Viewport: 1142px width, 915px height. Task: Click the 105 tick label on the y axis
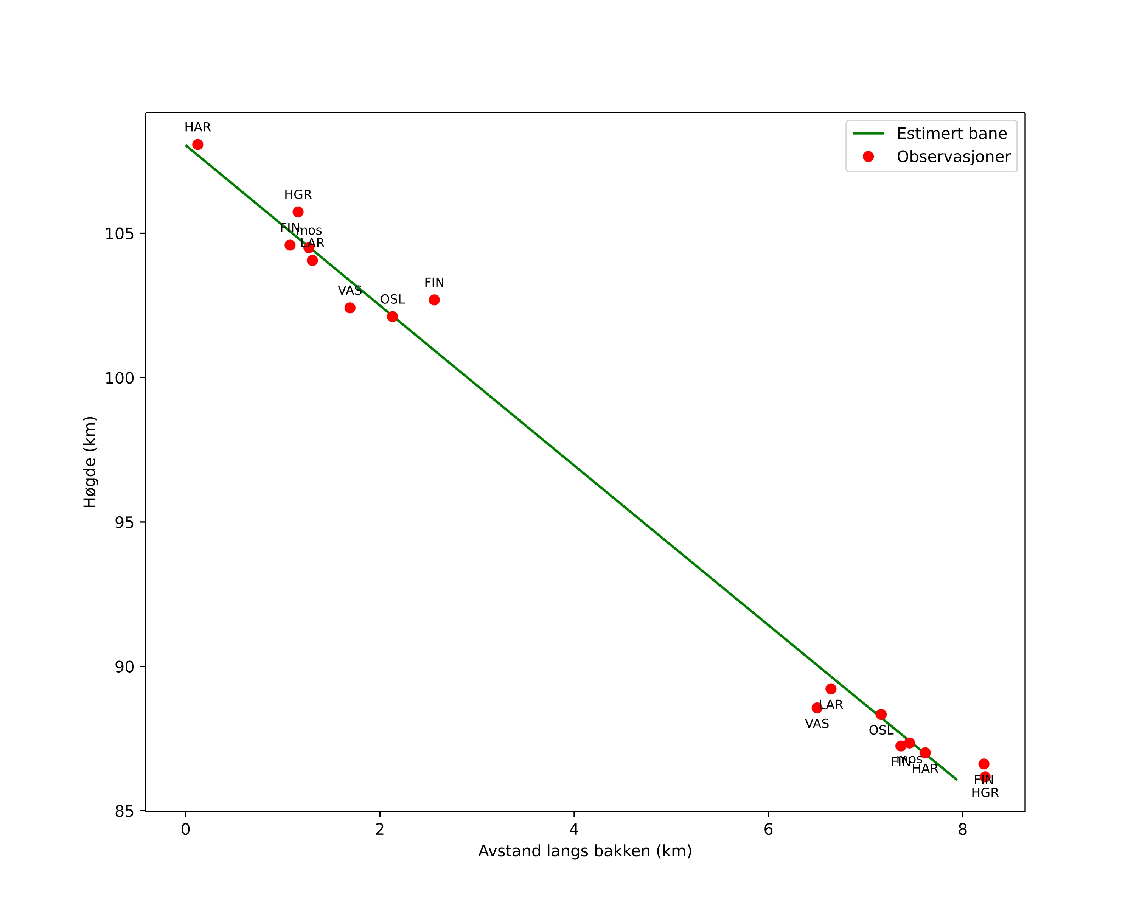click(119, 233)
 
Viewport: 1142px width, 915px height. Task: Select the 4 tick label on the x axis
click(574, 829)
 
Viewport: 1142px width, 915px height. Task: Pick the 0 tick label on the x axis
click(185, 829)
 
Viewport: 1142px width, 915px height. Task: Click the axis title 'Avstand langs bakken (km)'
click(585, 851)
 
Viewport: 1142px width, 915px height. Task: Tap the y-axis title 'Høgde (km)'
click(90, 462)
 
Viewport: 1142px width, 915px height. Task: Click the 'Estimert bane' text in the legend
click(951, 134)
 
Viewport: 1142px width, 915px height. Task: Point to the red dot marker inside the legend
click(868, 157)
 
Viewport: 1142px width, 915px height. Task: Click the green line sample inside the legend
click(868, 134)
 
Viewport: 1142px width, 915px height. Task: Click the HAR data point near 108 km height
click(197, 144)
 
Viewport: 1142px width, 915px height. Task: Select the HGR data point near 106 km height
click(298, 212)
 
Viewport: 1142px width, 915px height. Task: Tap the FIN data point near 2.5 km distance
click(434, 300)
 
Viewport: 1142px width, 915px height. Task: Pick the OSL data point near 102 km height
click(393, 317)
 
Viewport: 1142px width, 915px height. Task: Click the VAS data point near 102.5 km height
click(350, 308)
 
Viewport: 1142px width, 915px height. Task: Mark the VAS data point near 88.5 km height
click(817, 708)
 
